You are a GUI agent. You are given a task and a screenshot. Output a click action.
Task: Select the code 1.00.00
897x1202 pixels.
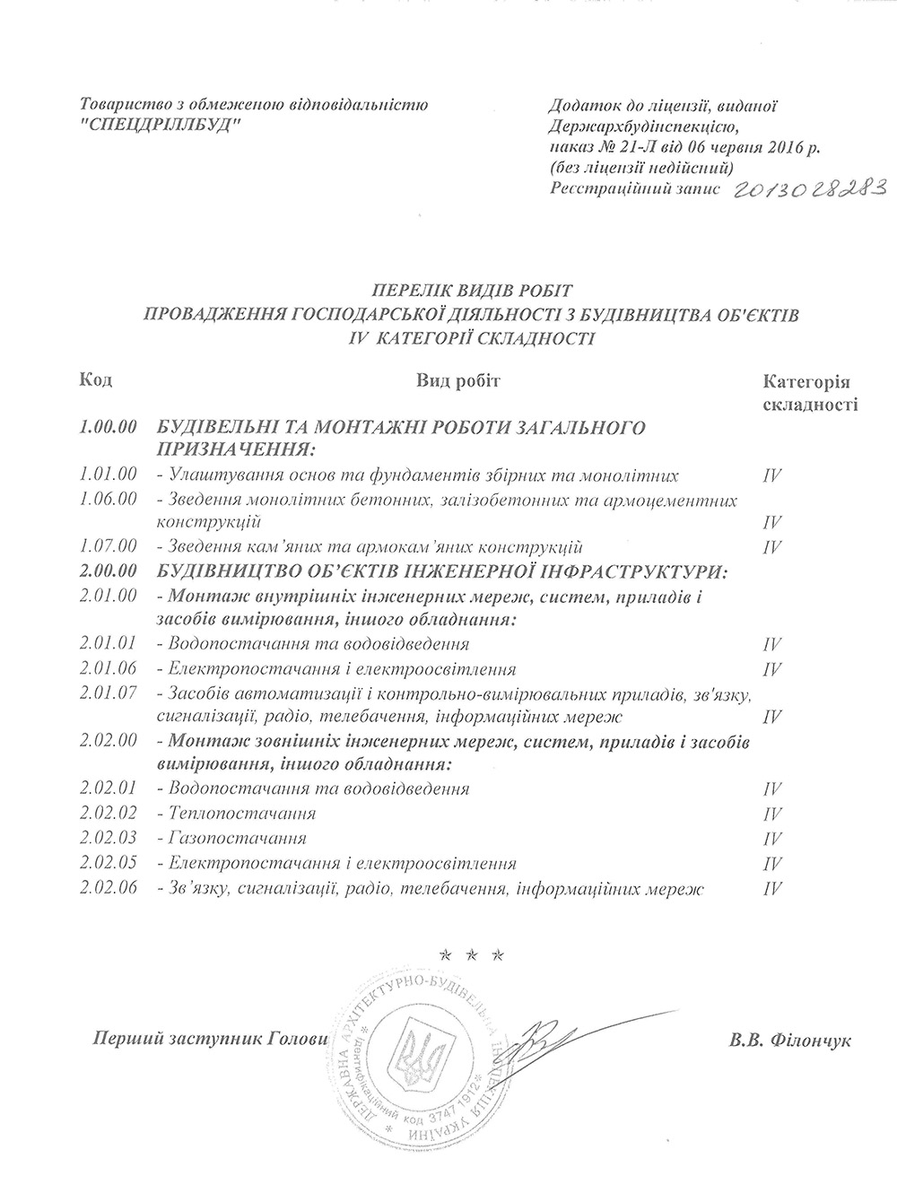coord(108,427)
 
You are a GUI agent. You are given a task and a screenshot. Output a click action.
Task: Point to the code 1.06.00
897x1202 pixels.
coord(108,499)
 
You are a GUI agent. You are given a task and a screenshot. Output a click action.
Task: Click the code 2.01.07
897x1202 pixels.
coord(108,693)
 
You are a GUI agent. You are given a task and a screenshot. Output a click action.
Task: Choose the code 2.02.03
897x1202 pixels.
coord(108,839)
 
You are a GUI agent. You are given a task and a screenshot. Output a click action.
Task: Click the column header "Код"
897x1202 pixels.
coord(95,380)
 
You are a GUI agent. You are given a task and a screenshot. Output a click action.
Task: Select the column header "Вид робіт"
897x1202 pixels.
coord(457,380)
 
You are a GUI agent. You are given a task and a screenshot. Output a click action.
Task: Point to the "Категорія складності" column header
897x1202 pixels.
coord(810,392)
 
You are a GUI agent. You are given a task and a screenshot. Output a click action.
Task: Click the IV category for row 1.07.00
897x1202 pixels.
coord(771,547)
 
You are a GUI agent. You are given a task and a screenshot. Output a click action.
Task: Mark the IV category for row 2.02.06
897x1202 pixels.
coord(771,889)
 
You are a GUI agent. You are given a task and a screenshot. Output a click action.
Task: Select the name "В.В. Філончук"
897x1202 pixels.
coord(790,1041)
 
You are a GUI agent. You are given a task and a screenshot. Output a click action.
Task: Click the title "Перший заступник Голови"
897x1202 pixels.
coord(205,1039)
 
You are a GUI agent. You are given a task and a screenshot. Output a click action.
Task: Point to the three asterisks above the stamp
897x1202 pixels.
coord(471,951)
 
